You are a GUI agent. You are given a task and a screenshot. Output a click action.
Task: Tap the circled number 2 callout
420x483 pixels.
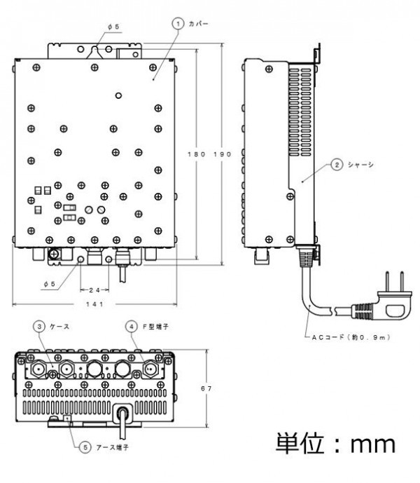336,165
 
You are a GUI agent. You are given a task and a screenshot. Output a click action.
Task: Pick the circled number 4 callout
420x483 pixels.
131,326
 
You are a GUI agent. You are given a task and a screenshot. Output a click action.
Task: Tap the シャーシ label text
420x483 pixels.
360,165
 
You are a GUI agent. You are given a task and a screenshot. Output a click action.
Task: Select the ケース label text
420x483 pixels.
60,326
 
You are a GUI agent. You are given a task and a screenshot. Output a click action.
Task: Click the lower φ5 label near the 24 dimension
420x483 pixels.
48,283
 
